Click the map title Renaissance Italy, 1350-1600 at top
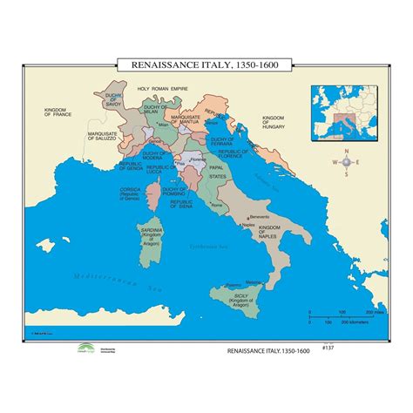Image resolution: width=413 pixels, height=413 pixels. tap(206, 64)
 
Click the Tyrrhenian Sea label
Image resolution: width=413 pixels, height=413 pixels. tap(206, 247)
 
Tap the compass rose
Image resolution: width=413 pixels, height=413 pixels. tap(347, 163)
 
